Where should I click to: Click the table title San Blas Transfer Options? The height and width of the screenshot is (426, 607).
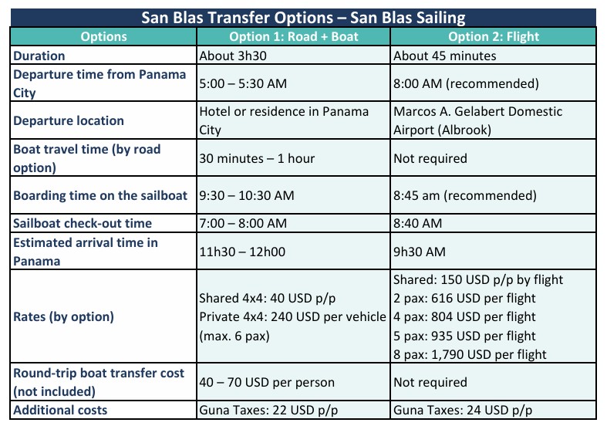tap(303, 17)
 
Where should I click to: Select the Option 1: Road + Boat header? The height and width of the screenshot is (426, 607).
tap(294, 36)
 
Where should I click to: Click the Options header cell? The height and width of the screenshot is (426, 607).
tap(103, 36)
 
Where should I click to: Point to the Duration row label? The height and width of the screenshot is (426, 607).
tap(39, 56)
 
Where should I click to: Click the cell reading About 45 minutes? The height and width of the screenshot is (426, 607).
tap(445, 56)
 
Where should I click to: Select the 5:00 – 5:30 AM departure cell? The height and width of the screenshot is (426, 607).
tap(245, 83)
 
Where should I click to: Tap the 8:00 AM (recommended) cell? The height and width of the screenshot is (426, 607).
tap(465, 83)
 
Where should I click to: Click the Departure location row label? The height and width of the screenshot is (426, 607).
tap(69, 120)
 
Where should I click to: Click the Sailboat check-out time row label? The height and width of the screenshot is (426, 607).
tap(83, 223)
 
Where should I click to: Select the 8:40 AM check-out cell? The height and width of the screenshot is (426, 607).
tap(417, 223)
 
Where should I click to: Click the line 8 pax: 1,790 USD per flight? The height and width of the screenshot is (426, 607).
tap(470, 354)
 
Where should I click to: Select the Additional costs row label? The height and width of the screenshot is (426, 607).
tap(60, 410)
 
